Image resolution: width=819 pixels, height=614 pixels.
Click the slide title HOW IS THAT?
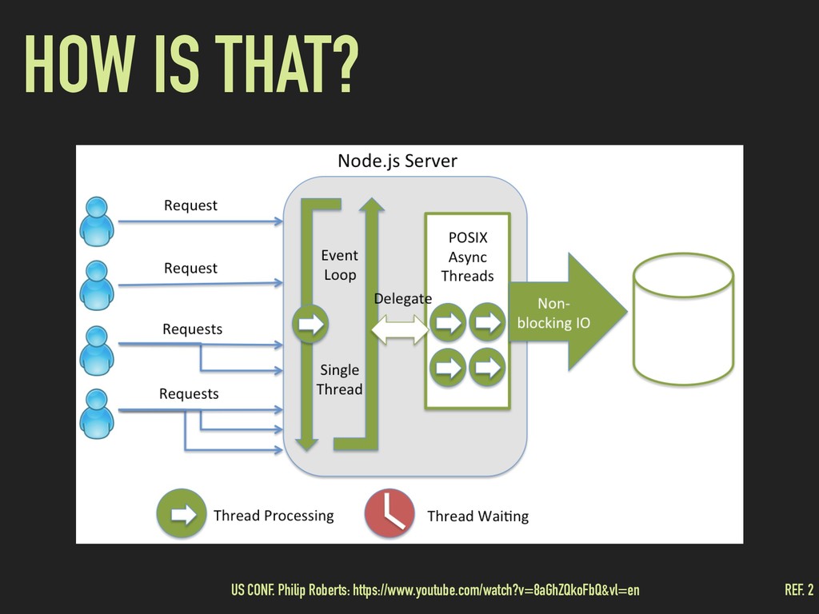[x=191, y=64]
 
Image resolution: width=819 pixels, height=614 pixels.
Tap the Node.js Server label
[x=398, y=161]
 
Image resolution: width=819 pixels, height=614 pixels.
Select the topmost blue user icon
[x=97, y=221]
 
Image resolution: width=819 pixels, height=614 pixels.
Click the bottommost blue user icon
[x=97, y=413]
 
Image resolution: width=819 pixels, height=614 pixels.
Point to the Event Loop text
[x=340, y=265]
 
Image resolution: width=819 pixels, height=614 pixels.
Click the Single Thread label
[x=339, y=380]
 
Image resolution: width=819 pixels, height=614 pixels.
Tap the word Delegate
[x=403, y=299]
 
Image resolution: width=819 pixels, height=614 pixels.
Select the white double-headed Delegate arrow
[x=400, y=329]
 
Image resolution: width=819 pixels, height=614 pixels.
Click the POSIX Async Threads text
[x=467, y=257]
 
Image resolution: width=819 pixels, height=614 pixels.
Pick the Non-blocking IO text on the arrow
[x=553, y=313]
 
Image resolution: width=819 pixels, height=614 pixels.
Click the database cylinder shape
[x=683, y=319]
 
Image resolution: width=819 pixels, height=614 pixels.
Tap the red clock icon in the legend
[x=390, y=513]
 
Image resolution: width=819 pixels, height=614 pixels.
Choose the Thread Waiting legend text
[x=478, y=516]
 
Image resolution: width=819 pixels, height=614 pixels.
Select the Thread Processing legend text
[x=274, y=516]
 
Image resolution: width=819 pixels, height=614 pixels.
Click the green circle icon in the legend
[x=182, y=514]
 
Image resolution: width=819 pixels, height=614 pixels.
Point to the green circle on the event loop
[x=310, y=325]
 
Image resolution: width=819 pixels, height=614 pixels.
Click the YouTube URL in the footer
[x=496, y=590]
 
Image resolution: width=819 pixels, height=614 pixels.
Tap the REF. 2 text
[x=799, y=590]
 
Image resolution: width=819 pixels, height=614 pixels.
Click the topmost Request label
[x=190, y=205]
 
